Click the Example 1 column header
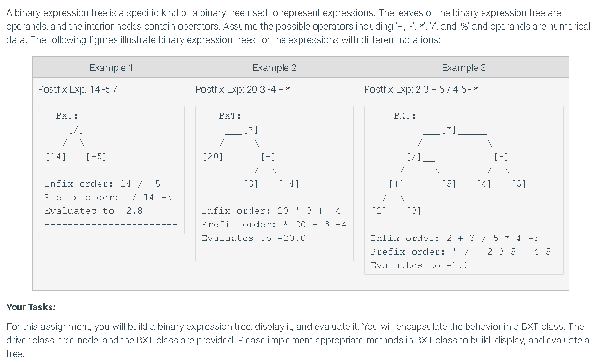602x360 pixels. click(x=111, y=68)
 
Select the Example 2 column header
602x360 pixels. click(x=274, y=68)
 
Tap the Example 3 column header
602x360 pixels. click(x=464, y=68)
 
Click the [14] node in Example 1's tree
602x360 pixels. click(x=55, y=156)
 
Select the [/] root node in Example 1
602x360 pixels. click(x=76, y=129)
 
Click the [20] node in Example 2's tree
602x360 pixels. click(x=212, y=156)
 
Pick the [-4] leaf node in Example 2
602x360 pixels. click(x=288, y=184)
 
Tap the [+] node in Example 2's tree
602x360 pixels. click(x=268, y=156)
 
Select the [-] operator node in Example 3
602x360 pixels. click(x=501, y=156)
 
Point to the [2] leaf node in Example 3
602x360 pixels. click(x=379, y=211)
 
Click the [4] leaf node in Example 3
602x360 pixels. click(x=484, y=184)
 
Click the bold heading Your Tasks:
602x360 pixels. click(x=31, y=307)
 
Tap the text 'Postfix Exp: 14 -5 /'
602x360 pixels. click(x=77, y=89)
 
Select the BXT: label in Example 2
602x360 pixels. click(x=230, y=116)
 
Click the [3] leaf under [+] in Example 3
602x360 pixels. click(x=414, y=211)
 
